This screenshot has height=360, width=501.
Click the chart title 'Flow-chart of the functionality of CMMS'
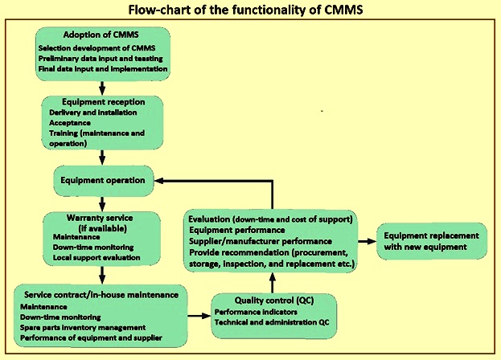[250, 10]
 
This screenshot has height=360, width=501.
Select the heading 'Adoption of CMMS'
[102, 37]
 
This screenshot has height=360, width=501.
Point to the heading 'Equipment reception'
[101, 102]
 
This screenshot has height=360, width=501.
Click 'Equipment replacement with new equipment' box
[432, 241]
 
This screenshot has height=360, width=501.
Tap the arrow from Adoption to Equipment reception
[101, 86]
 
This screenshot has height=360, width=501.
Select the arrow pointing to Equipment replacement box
[368, 241]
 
